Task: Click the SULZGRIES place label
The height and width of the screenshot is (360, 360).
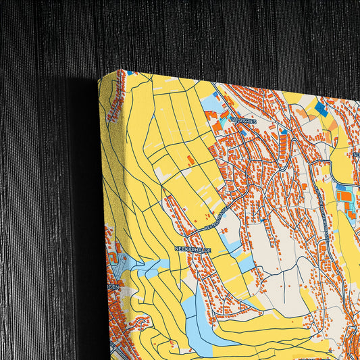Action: pos(242,120)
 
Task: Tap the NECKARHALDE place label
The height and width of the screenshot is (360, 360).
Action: pos(193,250)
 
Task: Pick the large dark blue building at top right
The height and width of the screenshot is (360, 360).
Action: pos(321,108)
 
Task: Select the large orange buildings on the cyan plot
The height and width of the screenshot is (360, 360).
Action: pos(344,197)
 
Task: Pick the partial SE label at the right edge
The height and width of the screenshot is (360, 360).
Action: pos(355,155)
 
